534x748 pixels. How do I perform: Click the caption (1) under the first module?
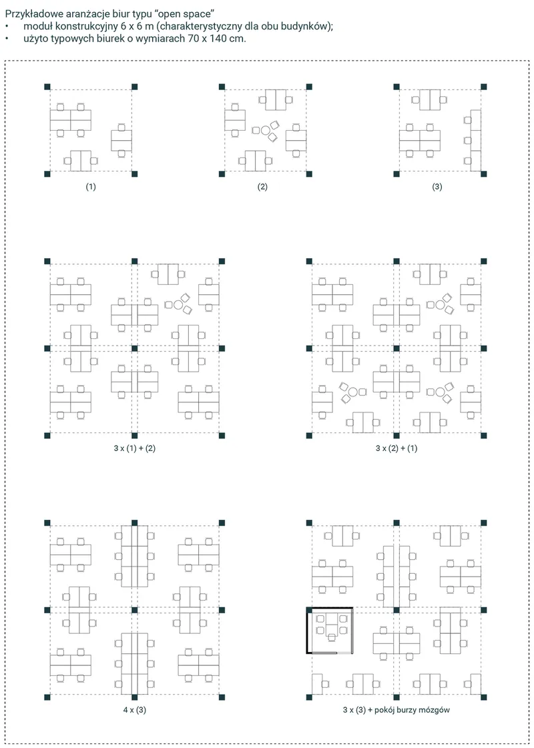(x=91, y=187)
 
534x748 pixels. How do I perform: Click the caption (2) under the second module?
(x=262, y=187)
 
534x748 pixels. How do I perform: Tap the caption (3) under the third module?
(x=437, y=187)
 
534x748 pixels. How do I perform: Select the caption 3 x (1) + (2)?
(x=135, y=448)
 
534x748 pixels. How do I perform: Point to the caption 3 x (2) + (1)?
(x=396, y=448)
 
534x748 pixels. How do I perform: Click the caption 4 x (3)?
(x=135, y=710)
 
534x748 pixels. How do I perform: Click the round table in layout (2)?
(x=265, y=129)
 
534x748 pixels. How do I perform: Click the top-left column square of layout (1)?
(x=47, y=86)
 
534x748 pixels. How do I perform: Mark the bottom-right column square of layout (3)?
(x=484, y=173)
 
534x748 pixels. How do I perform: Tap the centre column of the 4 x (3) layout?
(x=135, y=610)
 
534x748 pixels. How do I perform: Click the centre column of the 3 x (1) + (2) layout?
(x=135, y=348)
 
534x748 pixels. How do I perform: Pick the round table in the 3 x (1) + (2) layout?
(x=178, y=304)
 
